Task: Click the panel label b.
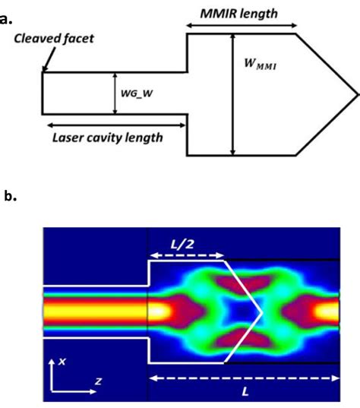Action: pos(10,197)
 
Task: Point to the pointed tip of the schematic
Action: pos(355,94)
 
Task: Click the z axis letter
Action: pos(97,381)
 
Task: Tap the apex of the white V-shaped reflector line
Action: pos(262,312)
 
